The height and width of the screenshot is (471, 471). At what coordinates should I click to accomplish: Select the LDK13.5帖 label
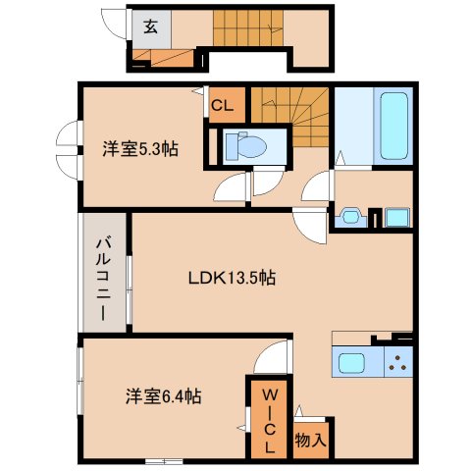pyautogui.click(x=232, y=278)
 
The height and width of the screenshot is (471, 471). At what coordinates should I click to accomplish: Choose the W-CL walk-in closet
pyautogui.click(x=268, y=419)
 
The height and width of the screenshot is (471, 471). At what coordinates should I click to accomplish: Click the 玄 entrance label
pyautogui.click(x=150, y=27)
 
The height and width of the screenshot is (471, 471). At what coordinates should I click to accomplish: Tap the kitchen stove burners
pyautogui.click(x=398, y=363)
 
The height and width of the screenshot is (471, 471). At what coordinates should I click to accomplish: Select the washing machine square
pyautogui.click(x=396, y=216)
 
